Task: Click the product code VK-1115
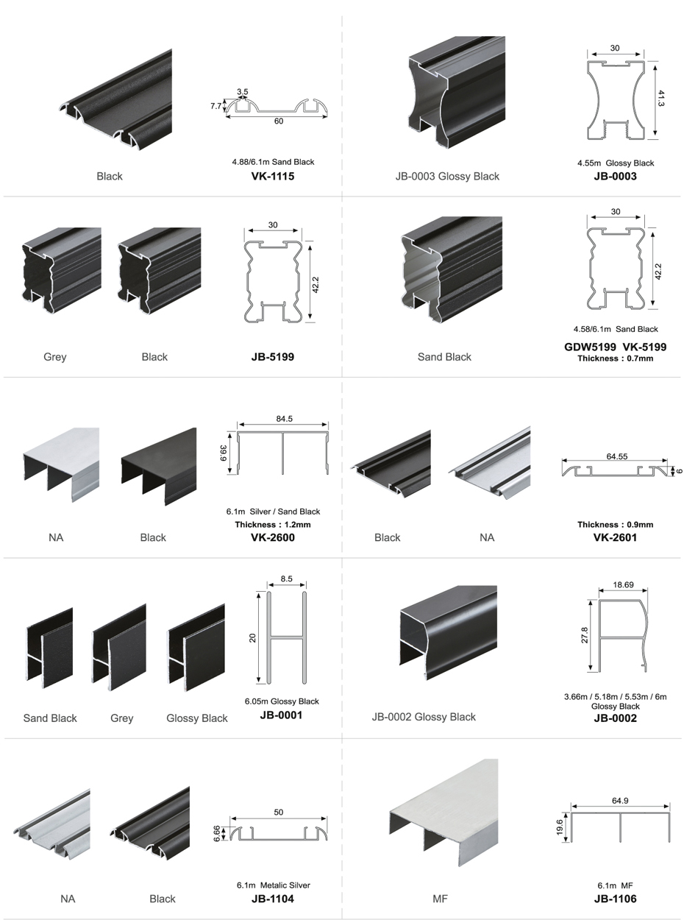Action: [272, 176]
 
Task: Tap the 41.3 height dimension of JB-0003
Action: [660, 99]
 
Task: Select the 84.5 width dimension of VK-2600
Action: [284, 419]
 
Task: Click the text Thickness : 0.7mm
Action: [615, 358]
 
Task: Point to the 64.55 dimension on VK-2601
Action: [616, 456]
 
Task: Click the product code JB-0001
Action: [281, 715]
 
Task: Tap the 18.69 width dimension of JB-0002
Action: [623, 584]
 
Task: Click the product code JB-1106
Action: [615, 899]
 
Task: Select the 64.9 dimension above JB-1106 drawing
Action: [619, 800]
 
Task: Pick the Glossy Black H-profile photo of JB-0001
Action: [196, 647]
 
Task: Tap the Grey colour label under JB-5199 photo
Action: [55, 357]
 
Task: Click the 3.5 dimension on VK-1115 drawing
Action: [243, 92]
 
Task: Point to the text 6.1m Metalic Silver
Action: [273, 885]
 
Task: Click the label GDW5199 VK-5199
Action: [615, 347]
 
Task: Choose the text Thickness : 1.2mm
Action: [273, 525]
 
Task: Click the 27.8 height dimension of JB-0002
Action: [585, 635]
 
